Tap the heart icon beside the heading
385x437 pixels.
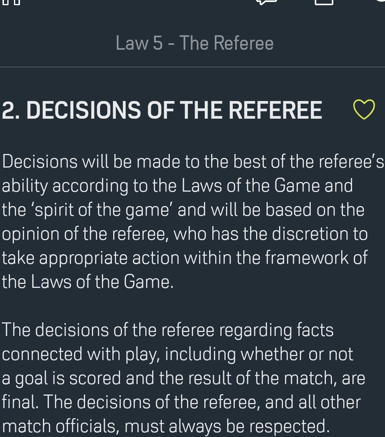coord(364,110)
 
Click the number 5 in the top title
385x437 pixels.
coord(157,43)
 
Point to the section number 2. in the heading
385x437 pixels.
coord(12,110)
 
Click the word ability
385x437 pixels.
coord(25,186)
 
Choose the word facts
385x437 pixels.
coord(315,330)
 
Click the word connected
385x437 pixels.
coord(36,354)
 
